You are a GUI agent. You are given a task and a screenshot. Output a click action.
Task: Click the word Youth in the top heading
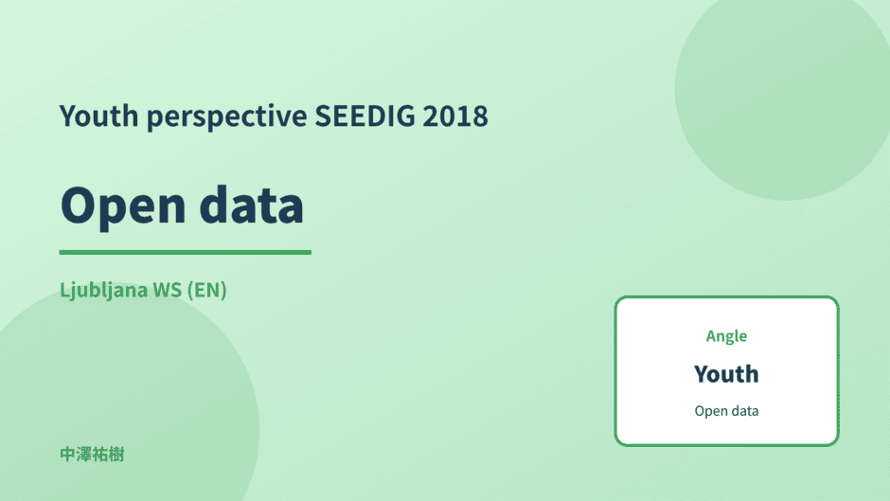click(x=98, y=116)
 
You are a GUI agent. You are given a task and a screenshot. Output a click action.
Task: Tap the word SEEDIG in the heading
click(x=365, y=116)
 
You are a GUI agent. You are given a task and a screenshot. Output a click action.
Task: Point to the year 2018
click(x=455, y=116)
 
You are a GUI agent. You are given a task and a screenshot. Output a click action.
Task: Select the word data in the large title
click(x=252, y=204)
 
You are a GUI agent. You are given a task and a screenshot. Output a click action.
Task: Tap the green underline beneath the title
click(x=185, y=252)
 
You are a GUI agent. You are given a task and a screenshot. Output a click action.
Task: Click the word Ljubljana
click(x=103, y=290)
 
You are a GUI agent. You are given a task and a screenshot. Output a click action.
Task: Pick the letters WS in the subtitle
click(x=168, y=290)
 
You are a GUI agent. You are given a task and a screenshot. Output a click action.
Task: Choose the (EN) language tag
click(x=207, y=290)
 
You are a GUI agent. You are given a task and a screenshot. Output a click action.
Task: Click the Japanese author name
click(x=92, y=455)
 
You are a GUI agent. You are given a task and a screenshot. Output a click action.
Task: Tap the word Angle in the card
click(x=726, y=337)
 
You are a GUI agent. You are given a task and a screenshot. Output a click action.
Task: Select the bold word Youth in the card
click(x=726, y=374)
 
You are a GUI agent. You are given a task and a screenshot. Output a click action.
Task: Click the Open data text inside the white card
click(x=726, y=411)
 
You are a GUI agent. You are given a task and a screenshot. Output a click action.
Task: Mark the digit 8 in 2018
click(x=480, y=116)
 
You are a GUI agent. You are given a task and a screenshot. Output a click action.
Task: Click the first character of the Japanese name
click(x=67, y=455)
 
